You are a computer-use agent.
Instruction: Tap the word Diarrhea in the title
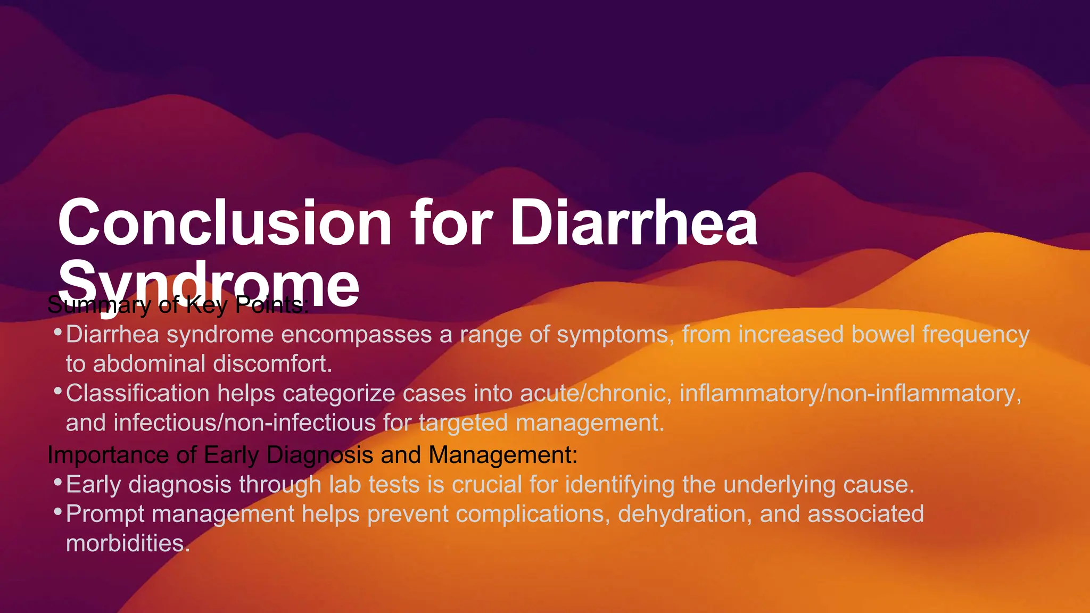pyautogui.click(x=633, y=223)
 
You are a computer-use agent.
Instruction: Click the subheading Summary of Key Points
pyautogui.click(x=177, y=305)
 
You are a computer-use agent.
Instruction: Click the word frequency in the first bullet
pyautogui.click(x=976, y=335)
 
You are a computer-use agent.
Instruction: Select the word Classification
pyautogui.click(x=137, y=394)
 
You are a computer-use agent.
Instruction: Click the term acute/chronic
pyautogui.click(x=593, y=394)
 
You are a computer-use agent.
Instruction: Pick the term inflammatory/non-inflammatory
pyautogui.click(x=850, y=394)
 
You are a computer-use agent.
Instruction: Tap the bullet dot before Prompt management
pyautogui.click(x=57, y=511)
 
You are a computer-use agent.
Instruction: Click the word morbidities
pyautogui.click(x=128, y=543)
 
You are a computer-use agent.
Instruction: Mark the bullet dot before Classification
pyautogui.click(x=57, y=391)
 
